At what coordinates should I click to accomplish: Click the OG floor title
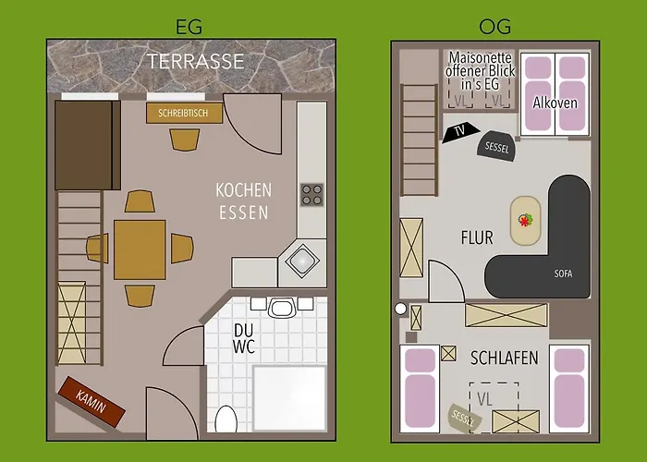tap(491, 27)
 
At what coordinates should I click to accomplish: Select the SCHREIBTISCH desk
tap(184, 113)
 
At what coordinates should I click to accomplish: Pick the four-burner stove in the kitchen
tap(312, 194)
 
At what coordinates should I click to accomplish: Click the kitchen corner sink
tap(301, 261)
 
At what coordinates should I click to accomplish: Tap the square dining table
tap(140, 249)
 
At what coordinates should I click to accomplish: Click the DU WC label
tap(243, 340)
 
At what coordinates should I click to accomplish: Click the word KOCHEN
tap(243, 189)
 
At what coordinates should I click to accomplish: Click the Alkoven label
tap(555, 103)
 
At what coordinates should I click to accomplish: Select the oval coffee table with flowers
tap(525, 220)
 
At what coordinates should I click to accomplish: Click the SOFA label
tap(563, 274)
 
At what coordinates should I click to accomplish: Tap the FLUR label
tap(477, 237)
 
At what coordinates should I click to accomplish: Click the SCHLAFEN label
tap(504, 358)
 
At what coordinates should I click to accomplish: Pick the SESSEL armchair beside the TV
tap(495, 145)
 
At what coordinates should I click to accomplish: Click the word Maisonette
tap(480, 56)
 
